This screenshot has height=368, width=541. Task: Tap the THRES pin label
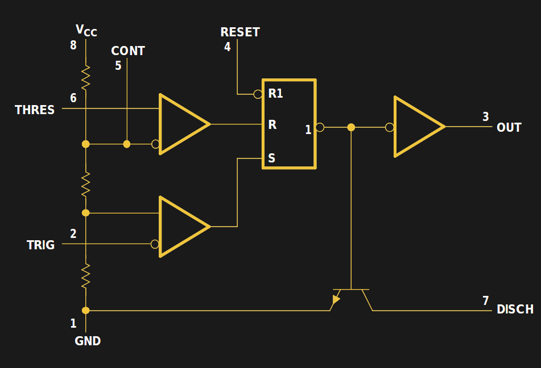point(35,110)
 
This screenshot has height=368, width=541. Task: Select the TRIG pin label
point(40,245)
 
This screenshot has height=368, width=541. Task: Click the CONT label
point(128,51)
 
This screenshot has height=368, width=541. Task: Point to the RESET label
point(240,32)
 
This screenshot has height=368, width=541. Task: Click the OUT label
point(509,127)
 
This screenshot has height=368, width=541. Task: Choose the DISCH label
point(515,310)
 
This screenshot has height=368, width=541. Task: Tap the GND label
point(88,341)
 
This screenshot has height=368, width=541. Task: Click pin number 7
point(485,301)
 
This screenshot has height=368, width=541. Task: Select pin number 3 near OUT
point(485,116)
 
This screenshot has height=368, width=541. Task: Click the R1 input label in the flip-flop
point(275,94)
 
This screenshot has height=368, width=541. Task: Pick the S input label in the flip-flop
point(271,158)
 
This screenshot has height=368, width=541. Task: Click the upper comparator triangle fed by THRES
point(181,124)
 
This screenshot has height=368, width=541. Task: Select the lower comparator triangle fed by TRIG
point(181,227)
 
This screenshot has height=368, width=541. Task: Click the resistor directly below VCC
point(85,78)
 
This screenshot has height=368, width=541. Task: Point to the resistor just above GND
point(85,277)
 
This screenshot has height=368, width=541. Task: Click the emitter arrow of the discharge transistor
point(336,298)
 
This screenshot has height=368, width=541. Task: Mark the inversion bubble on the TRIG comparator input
point(155,244)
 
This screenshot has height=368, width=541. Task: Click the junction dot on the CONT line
point(127,144)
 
